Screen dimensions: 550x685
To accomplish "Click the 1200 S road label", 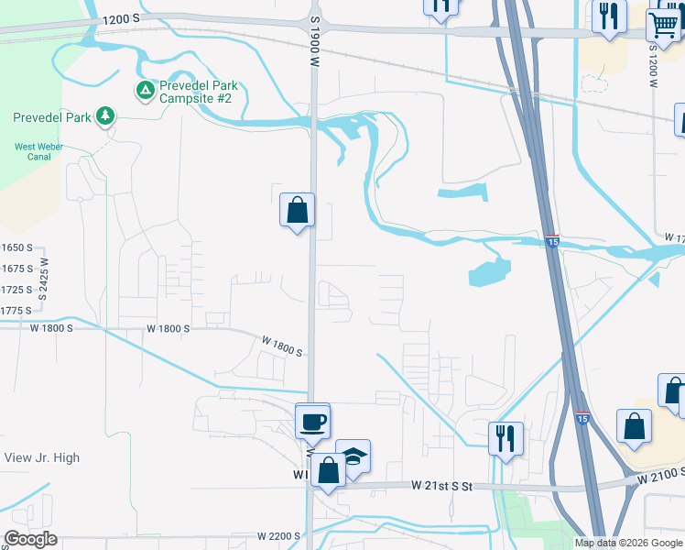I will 121,19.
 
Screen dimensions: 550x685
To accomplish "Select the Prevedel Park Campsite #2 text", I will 194,91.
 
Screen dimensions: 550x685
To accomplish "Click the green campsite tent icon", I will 145,90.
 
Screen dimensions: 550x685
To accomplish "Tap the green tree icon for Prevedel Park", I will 107,115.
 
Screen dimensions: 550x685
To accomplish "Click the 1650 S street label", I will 16,248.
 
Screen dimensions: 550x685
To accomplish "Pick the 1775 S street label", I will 16,311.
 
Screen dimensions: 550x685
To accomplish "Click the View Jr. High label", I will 42,457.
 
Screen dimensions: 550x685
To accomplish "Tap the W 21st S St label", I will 441,486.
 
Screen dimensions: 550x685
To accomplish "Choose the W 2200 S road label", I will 279,535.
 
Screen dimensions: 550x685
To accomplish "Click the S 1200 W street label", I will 655,64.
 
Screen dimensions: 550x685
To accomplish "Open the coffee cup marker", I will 312,422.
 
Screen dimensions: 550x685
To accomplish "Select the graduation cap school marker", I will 353,456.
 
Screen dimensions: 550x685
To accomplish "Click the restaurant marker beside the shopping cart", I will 608,16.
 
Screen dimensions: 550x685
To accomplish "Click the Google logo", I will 30,539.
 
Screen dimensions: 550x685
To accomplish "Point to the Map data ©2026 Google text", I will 627,543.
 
